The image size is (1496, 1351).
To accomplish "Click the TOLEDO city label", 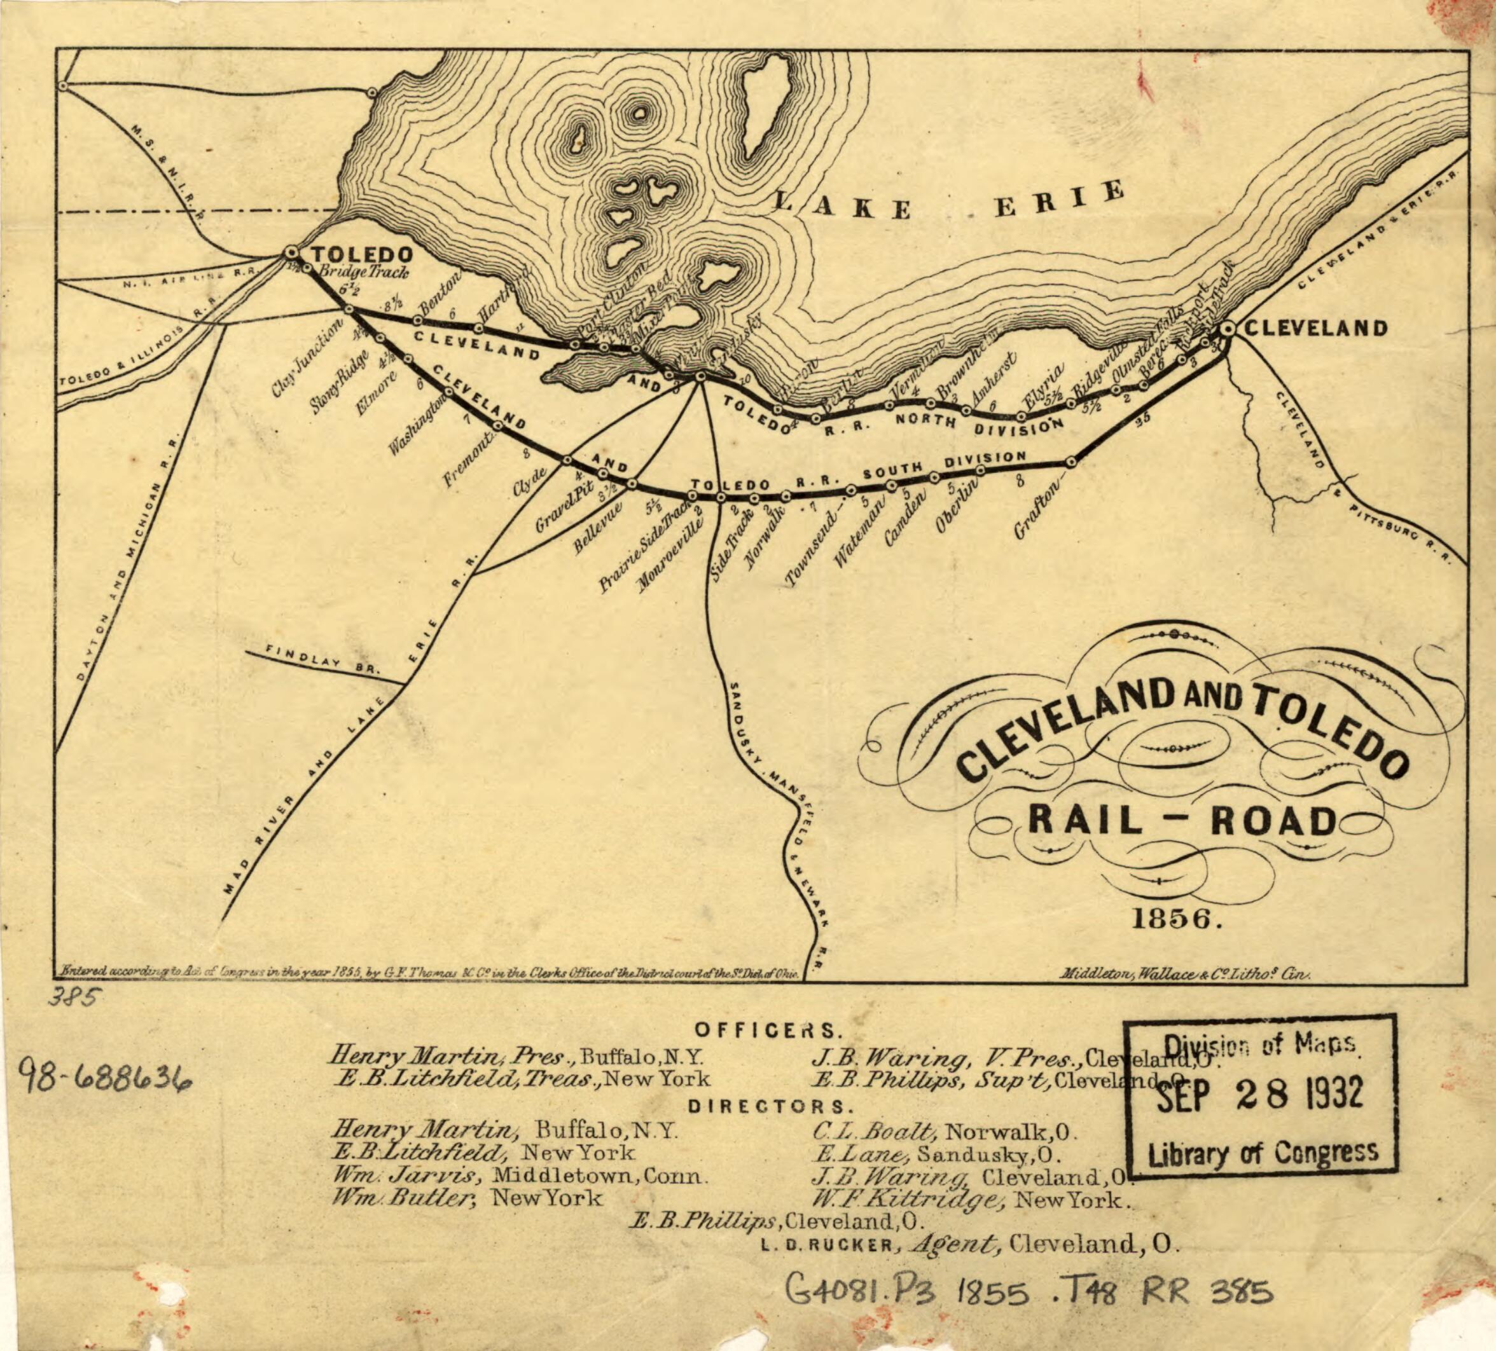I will [361, 254].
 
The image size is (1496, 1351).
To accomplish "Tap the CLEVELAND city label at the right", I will [1315, 328].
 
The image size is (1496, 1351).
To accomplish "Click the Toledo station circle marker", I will [291, 253].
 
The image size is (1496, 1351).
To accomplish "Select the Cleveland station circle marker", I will [1228, 328].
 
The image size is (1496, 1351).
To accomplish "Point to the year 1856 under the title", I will [1175, 919].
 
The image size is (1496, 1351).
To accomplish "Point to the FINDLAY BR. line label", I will [323, 659].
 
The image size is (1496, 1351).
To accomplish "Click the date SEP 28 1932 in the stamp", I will [1259, 1095].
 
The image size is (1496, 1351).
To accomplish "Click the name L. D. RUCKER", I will [827, 1245].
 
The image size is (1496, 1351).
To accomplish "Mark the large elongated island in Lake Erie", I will [766, 104].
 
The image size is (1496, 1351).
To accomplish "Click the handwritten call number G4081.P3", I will [861, 1292].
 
